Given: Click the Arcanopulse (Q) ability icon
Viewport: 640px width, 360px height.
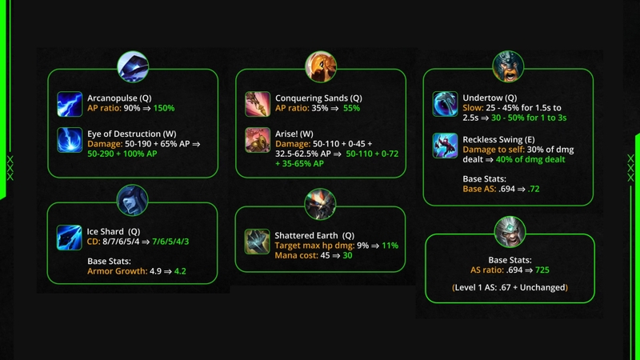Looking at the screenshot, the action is [70, 104].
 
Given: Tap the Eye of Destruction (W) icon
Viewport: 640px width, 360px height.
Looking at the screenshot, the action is [70, 140].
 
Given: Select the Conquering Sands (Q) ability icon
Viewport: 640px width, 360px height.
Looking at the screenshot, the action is [258, 104].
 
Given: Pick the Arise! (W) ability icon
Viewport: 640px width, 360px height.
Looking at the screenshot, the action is [258, 140].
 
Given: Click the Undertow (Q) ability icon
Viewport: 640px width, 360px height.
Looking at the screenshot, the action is [445, 104].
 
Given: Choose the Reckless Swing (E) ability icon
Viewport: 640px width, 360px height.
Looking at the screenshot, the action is [445, 146].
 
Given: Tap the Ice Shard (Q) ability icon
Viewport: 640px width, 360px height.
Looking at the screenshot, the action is [69, 238].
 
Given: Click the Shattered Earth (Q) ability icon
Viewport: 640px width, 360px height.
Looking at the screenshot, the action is [257, 242].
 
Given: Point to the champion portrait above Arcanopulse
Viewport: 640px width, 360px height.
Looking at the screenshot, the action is [133, 66].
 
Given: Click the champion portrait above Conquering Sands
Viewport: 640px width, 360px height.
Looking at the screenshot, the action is [321, 66].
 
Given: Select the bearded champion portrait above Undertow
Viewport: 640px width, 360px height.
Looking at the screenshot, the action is [508, 66].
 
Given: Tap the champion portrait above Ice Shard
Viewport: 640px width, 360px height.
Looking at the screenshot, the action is [132, 201].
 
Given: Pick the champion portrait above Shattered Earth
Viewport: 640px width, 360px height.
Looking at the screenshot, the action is [321, 204].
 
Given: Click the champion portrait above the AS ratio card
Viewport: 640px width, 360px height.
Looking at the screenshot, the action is [510, 232].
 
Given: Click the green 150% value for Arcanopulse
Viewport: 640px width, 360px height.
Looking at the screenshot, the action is [164, 108].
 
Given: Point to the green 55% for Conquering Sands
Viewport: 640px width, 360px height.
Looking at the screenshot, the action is [351, 108].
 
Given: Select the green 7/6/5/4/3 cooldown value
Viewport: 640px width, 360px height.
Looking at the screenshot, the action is [170, 242].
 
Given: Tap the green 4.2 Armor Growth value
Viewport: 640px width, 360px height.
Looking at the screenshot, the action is [180, 271].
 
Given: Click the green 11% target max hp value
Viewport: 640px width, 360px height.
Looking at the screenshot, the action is [390, 246].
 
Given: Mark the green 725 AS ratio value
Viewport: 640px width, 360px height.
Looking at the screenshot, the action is [542, 270].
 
